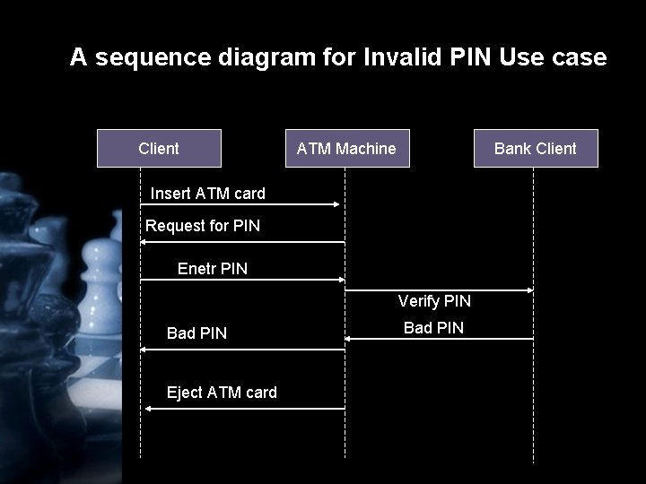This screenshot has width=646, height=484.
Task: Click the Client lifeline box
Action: pyautogui.click(x=159, y=149)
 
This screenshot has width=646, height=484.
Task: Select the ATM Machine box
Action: pyautogui.click(x=346, y=149)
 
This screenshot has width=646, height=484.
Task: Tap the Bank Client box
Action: pyautogui.click(x=536, y=149)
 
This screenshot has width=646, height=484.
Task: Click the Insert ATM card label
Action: pyautogui.click(x=207, y=193)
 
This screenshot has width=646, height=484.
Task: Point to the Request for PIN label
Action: pyautogui.click(x=203, y=226)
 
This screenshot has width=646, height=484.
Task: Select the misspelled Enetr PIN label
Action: pyautogui.click(x=213, y=268)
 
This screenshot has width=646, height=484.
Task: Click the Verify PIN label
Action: pyautogui.click(x=434, y=301)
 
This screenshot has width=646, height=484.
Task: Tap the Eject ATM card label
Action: pyautogui.click(x=222, y=393)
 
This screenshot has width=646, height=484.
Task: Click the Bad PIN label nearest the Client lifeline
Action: pyautogui.click(x=196, y=333)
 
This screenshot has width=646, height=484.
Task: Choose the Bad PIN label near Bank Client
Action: pyautogui.click(x=433, y=328)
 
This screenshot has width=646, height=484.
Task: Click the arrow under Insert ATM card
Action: pyautogui.click(x=242, y=204)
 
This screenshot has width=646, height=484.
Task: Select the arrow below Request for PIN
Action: pyautogui.click(x=242, y=242)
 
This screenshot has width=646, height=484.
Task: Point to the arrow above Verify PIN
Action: pyautogui.click(x=440, y=290)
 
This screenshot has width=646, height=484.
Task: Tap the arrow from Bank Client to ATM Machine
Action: pyautogui.click(x=440, y=338)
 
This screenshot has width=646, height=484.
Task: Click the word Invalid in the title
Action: pyautogui.click(x=406, y=58)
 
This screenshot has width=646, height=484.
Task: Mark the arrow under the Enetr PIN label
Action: pyautogui.click(x=242, y=281)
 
